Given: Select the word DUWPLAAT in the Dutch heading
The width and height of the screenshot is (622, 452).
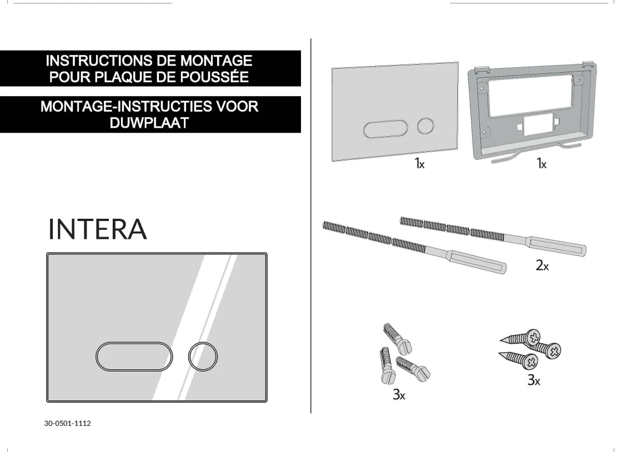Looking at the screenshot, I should (149, 123).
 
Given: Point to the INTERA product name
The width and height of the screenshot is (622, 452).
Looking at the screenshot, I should (98, 229).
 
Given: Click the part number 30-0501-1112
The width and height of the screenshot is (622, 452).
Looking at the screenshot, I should (68, 423).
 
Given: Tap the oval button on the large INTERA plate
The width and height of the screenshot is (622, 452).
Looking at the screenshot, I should (134, 356).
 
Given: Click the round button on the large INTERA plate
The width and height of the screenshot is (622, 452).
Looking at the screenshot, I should (203, 356).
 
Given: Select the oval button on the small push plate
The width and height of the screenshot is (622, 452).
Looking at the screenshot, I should (385, 129).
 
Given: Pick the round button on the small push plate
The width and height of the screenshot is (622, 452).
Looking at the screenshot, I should (426, 125).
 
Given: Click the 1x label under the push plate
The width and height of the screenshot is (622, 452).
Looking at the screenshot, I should (419, 163).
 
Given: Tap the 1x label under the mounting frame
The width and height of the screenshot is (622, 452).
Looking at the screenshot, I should (541, 163).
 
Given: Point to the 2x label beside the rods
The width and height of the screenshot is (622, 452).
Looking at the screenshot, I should (542, 265).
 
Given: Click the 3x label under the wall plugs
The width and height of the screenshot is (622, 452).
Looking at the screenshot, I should (399, 395).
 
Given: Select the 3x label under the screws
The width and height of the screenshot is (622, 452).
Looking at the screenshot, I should (534, 380).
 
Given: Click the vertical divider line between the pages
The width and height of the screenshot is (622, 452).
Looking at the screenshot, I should (310, 222).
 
